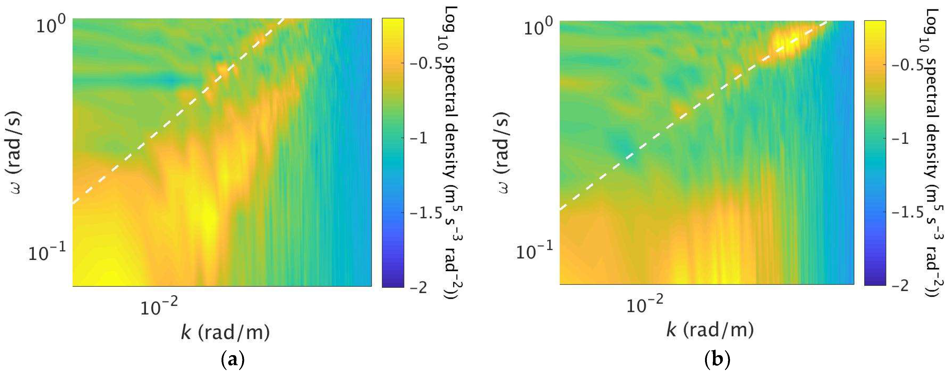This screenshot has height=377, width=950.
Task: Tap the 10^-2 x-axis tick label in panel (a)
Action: pyautogui.click(x=159, y=306)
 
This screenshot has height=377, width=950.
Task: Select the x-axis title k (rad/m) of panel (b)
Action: pyautogui.click(x=710, y=330)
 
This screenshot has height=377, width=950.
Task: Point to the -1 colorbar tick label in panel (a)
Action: pyautogui.click(x=419, y=138)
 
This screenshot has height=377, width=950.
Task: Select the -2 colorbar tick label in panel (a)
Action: pyautogui.click(x=419, y=287)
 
